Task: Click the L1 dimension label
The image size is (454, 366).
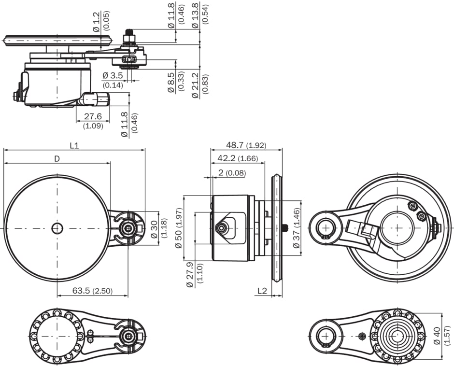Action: pos(74,145)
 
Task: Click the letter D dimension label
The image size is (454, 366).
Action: pos(57,158)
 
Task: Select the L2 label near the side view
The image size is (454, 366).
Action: pos(262,291)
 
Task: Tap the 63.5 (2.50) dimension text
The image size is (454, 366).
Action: pos(92,291)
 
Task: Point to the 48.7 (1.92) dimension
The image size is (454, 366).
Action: pos(246,145)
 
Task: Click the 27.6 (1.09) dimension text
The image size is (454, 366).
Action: pos(92,121)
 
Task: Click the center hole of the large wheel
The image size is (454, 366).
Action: pos(57,228)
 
